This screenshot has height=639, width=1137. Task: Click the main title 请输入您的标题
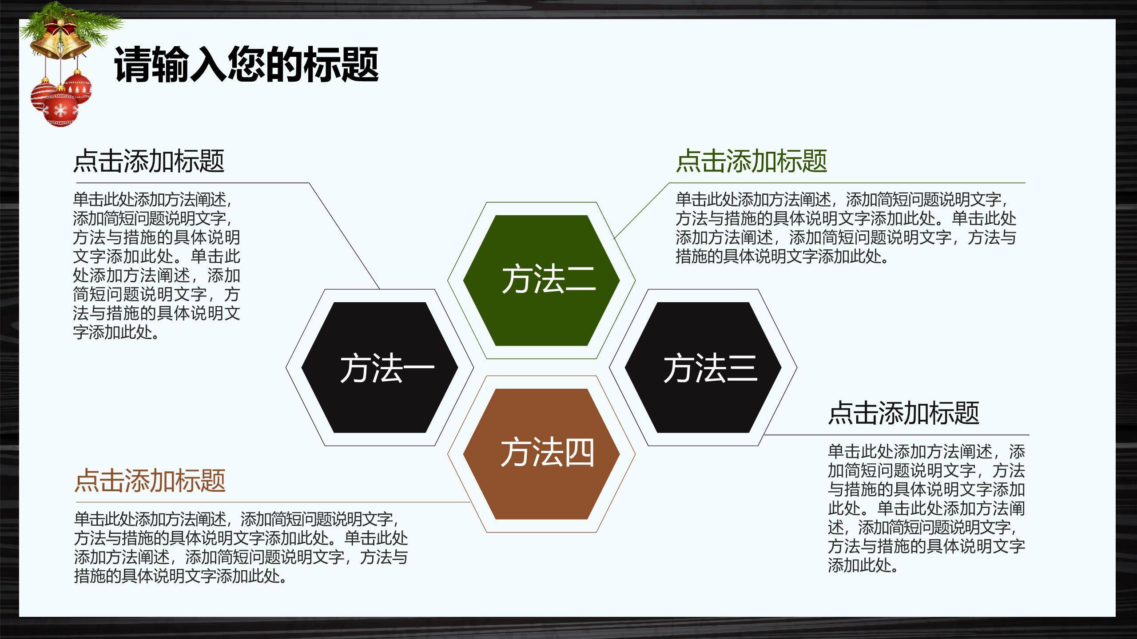pyautogui.click(x=246, y=65)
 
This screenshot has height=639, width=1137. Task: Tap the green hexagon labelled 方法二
pyautogui.click(x=541, y=280)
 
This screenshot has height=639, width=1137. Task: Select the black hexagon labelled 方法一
pyautogui.click(x=379, y=367)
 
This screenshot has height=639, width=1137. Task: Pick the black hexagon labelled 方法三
pyautogui.click(x=703, y=367)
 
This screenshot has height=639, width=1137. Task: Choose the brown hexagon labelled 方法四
pyautogui.click(x=541, y=454)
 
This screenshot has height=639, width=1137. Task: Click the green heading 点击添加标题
pyautogui.click(x=751, y=161)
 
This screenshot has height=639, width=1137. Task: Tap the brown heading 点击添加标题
pyautogui.click(x=150, y=480)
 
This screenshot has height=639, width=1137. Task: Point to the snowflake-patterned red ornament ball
pyautogui.click(x=61, y=110)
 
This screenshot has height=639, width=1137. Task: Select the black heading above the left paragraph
pyautogui.click(x=149, y=161)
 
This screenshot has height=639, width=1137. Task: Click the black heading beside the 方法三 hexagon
pyautogui.click(x=903, y=413)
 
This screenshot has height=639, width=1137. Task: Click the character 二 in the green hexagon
pyautogui.click(x=580, y=280)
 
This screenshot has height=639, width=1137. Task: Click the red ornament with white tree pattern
pyautogui.click(x=78, y=87)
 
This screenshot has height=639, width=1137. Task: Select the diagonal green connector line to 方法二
pyautogui.click(x=640, y=210)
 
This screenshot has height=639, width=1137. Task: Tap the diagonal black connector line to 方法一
pyautogui.click(x=344, y=235)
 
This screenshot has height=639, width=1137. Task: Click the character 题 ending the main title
pyautogui.click(x=358, y=65)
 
